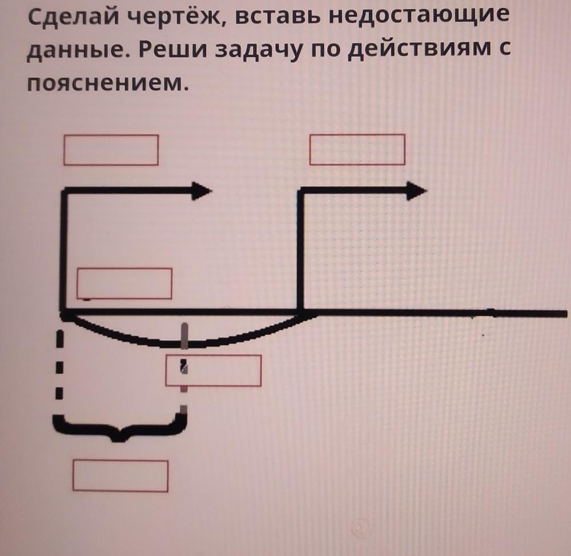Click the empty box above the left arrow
point(111,150)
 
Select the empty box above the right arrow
point(357,149)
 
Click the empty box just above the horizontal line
point(124,283)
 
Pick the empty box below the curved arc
point(214,370)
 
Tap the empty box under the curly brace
point(120,476)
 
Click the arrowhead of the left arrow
point(201,191)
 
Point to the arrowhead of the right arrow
point(415,191)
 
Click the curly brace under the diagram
point(120,426)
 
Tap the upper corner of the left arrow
point(64,191)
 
